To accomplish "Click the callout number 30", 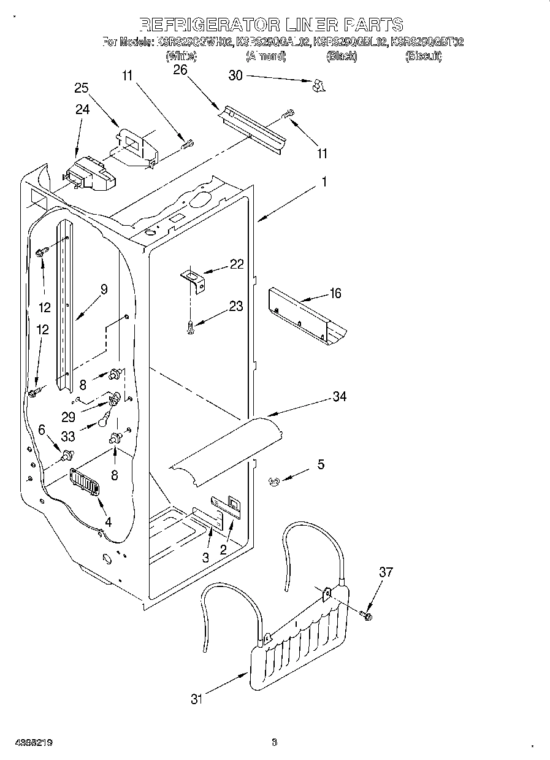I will click(x=235, y=75).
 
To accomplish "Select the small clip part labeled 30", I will click(x=316, y=86).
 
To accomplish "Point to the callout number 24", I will click(x=82, y=110).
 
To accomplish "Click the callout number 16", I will click(x=335, y=293).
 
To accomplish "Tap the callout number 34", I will click(x=339, y=397).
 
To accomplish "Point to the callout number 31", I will click(x=196, y=699).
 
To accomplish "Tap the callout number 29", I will click(x=68, y=416).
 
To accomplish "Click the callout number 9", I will click(x=104, y=290).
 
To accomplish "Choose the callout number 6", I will click(x=42, y=431).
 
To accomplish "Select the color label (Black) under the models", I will click(x=343, y=56).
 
